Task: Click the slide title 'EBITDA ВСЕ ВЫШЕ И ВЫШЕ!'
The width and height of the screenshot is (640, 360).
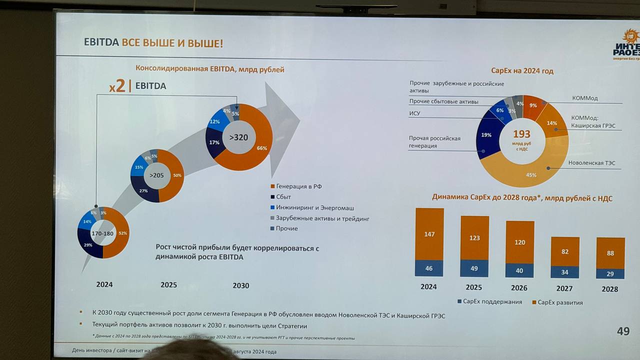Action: pyautogui.click(x=153, y=43)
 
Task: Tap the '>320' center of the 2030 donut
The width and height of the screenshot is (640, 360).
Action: pyautogui.click(x=238, y=137)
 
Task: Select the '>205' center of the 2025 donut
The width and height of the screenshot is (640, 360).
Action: pyautogui.click(x=157, y=175)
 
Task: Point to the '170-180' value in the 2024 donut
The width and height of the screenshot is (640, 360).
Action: pyautogui.click(x=102, y=233)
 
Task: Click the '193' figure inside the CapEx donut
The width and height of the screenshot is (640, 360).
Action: pyautogui.click(x=521, y=134)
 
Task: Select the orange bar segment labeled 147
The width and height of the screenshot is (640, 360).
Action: pyautogui.click(x=429, y=234)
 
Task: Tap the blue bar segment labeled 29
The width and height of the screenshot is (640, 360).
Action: pyautogui.click(x=610, y=274)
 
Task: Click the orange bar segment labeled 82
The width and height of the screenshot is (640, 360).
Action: pyautogui.click(x=565, y=251)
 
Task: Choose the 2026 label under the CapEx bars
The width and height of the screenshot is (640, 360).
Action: pyautogui.click(x=519, y=288)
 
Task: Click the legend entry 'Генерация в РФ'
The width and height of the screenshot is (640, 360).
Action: pyautogui.click(x=298, y=186)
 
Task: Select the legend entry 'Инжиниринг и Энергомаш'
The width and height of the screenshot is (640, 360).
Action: pyautogui.click(x=315, y=207)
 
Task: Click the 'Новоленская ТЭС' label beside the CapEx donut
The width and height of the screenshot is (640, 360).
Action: pyautogui.click(x=591, y=163)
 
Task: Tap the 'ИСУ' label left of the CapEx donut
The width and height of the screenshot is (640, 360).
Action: pyautogui.click(x=414, y=113)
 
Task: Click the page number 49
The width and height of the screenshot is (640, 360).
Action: pyautogui.click(x=623, y=331)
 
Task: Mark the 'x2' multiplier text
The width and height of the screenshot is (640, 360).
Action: pyautogui.click(x=117, y=86)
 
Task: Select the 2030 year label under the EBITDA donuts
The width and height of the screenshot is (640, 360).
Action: pyautogui.click(x=240, y=285)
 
